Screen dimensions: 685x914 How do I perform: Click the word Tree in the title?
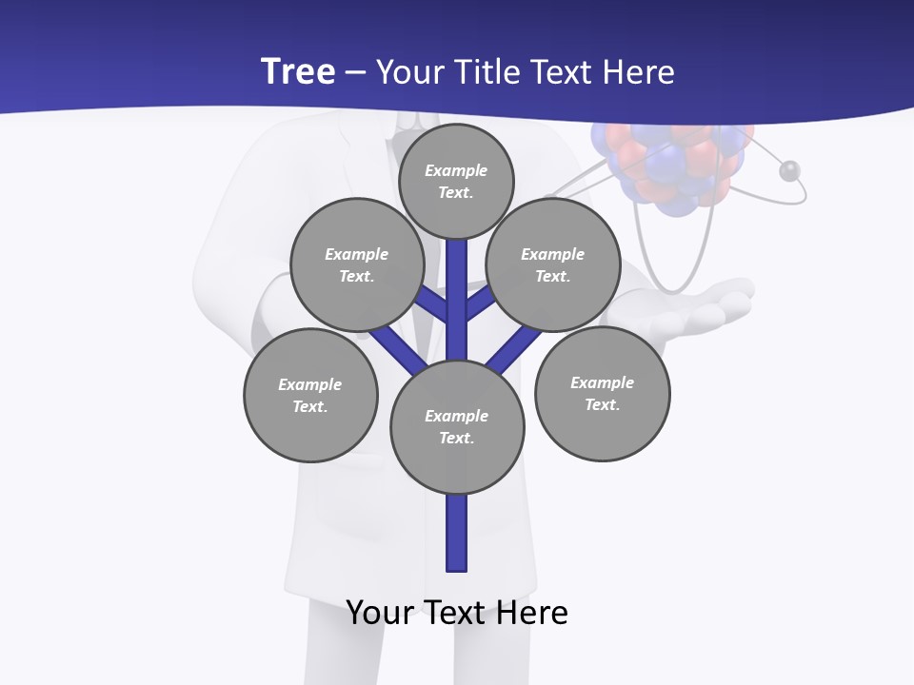297,71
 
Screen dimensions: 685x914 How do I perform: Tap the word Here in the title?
637,72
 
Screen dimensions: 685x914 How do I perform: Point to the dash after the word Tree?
355,73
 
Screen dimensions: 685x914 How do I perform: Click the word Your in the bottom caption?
380,612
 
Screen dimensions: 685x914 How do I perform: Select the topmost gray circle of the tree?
456,181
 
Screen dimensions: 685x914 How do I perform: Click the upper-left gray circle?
357,264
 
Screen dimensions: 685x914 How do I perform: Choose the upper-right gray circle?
553,264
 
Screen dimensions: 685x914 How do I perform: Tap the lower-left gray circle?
310,395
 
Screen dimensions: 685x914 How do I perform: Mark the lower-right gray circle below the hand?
602,393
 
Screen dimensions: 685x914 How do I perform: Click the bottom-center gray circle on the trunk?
457,426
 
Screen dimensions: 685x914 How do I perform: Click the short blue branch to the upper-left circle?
433,304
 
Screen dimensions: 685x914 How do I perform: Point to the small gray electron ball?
788,171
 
